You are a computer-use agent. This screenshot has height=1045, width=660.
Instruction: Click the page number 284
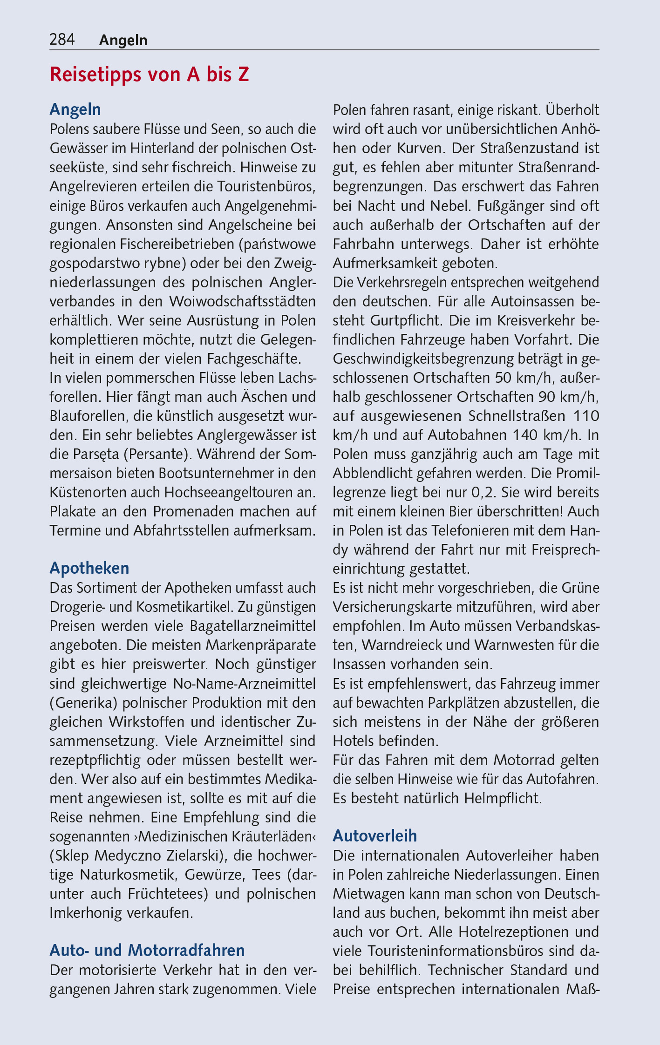pyautogui.click(x=62, y=40)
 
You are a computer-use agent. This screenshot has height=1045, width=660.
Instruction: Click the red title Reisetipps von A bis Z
pyautogui.click(x=149, y=75)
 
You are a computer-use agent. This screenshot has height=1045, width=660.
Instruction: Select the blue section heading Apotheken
pyautogui.click(x=89, y=568)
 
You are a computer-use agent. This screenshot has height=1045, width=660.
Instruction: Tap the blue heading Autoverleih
pyautogui.click(x=374, y=835)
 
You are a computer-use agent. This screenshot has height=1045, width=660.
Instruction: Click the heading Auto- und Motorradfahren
pyautogui.click(x=147, y=950)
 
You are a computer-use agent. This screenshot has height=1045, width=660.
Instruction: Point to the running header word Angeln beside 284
pyautogui.click(x=123, y=41)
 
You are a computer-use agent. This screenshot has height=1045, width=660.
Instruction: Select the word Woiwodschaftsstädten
pyautogui.click(x=243, y=301)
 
